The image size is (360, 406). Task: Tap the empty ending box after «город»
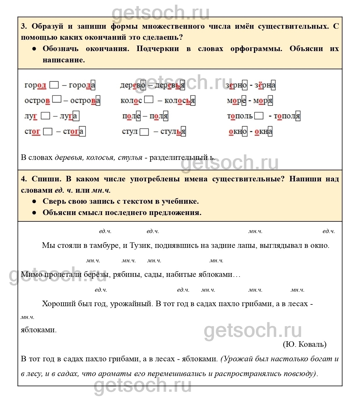[54, 85]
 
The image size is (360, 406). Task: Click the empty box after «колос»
[149, 100]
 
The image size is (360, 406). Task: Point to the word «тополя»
[287, 116]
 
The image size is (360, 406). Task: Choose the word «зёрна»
[265, 85]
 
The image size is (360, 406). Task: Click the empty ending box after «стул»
[144, 132]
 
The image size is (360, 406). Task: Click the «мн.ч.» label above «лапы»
[255, 231]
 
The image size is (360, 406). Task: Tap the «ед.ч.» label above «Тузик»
[153, 231]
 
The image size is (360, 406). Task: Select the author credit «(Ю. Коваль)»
[304, 344]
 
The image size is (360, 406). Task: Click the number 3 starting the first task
[24, 26]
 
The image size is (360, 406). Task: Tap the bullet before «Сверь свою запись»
[34, 201]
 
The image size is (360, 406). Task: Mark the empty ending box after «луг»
[46, 116]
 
